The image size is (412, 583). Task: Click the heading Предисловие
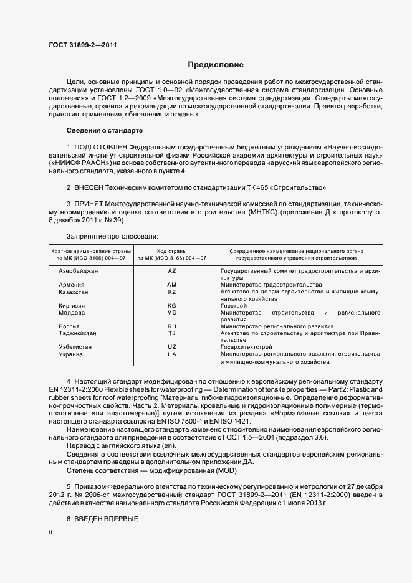tap(216, 65)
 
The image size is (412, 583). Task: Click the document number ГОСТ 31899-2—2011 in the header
tap(83, 45)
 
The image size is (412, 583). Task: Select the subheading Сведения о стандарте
tap(105, 130)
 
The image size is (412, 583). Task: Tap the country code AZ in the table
tap(172, 271)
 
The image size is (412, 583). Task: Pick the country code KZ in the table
tap(172, 291)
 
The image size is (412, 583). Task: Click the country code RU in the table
tap(172, 326)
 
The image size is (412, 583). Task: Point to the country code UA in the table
tap(172, 354)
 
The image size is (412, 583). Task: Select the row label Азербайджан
tap(79, 271)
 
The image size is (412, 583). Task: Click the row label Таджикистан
tap(79, 333)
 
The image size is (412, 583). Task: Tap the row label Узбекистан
tap(75, 346)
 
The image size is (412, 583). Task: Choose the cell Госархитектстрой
tap(247, 346)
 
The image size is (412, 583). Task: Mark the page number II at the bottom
tap(51, 533)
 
